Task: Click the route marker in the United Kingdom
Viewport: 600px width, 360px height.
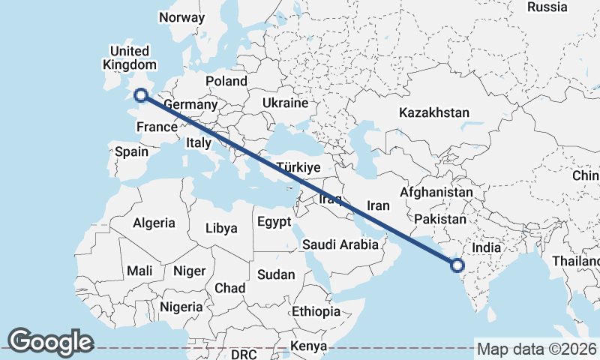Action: coord(140,94)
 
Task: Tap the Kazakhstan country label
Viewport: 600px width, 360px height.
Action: coord(434,112)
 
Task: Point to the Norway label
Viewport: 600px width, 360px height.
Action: coord(181,18)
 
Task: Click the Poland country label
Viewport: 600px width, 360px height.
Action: coord(226,81)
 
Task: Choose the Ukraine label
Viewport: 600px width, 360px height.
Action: coord(285,103)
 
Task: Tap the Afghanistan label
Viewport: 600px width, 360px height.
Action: coord(436,192)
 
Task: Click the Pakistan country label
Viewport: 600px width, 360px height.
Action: coord(440,220)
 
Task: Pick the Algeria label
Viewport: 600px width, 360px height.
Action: coord(154,223)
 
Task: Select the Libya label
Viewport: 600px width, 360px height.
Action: coord(221,228)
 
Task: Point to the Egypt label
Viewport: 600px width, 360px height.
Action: coord(273,222)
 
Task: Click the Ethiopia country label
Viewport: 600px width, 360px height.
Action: coord(316,311)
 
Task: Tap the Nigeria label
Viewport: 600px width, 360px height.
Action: coord(181,307)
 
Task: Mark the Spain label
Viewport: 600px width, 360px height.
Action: coord(131,151)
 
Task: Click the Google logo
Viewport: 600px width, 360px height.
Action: coord(50,341)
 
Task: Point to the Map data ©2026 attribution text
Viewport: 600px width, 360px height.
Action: coord(537,349)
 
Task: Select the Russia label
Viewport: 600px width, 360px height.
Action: coord(547,7)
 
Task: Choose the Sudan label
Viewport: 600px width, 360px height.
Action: coord(276,274)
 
